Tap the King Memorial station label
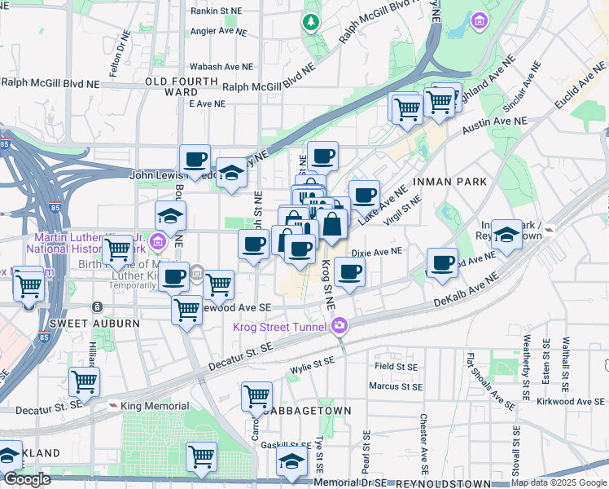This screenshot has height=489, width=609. click(155, 406)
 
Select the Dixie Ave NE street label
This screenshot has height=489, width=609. click(376, 252)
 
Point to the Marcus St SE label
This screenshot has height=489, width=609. click(394, 385)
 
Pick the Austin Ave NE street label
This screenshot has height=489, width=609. click(494, 126)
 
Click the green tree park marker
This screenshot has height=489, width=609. click(310, 21)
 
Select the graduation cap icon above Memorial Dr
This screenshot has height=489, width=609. click(292, 461)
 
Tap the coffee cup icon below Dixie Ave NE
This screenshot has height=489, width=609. click(350, 272)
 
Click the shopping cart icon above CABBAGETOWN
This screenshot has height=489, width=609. click(257, 397)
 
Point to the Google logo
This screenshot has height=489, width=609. click(27, 480)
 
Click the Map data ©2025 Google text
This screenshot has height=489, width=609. click(559, 483)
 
